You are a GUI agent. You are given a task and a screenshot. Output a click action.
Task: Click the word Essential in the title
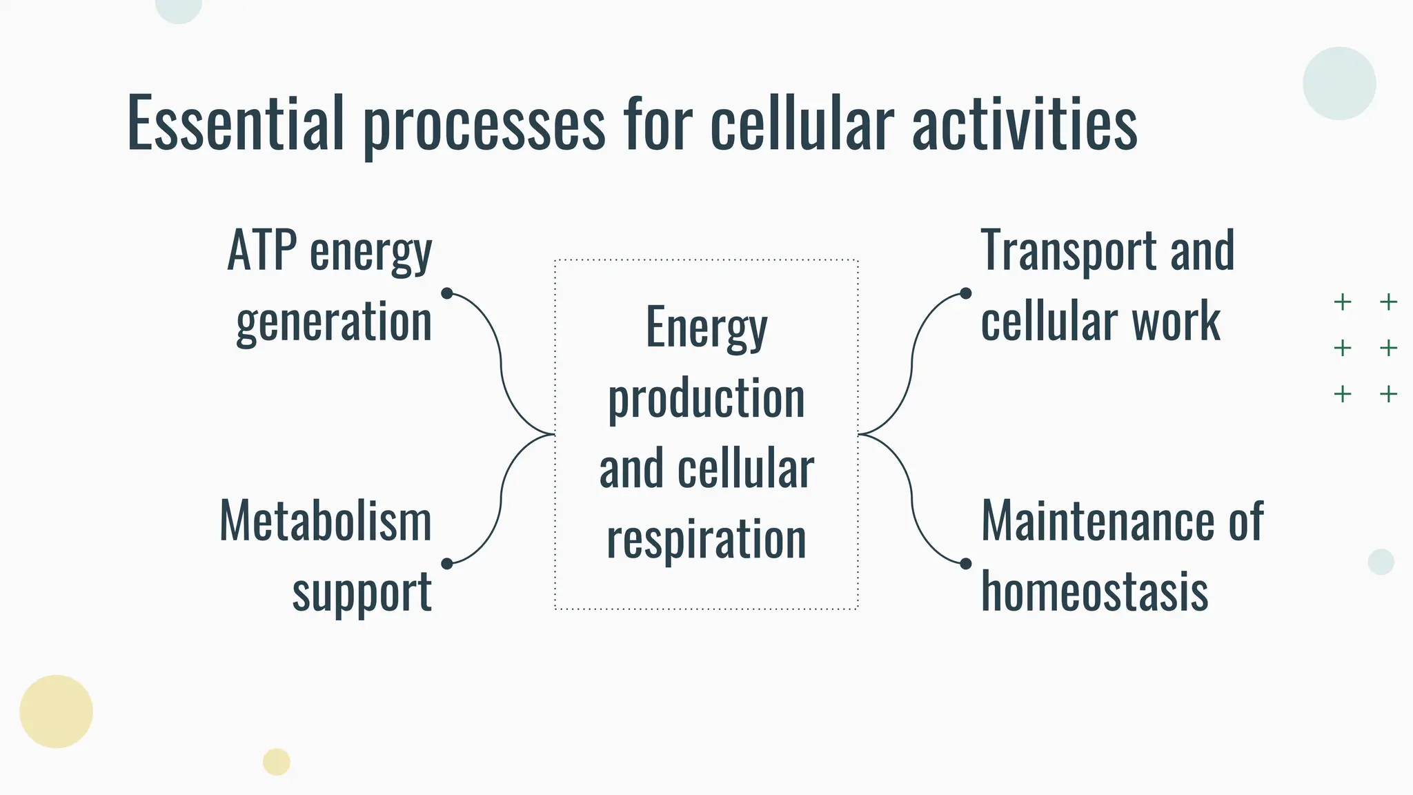point(235,124)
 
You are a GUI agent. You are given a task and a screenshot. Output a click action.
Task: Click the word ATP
point(262,251)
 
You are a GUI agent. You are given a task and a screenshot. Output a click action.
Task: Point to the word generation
point(334,323)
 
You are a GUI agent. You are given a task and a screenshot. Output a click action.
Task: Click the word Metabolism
point(326,521)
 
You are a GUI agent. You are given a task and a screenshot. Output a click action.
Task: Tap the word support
point(362,593)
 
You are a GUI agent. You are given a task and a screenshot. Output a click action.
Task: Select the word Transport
point(1068,252)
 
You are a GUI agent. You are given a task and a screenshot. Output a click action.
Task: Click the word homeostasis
point(1094,592)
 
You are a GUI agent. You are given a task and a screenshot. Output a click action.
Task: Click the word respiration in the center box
point(706,540)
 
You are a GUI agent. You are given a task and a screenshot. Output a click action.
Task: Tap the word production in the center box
point(706,399)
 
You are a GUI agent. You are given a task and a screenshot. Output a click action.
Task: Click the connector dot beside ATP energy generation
point(447,293)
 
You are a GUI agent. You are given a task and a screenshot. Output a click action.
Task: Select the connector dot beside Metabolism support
point(447,564)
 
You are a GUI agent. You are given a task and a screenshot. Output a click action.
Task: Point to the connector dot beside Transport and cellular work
point(965,293)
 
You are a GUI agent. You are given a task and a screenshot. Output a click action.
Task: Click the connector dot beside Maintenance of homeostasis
point(965,564)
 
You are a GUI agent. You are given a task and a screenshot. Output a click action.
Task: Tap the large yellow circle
point(56,711)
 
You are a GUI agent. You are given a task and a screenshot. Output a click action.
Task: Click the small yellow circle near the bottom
point(276,762)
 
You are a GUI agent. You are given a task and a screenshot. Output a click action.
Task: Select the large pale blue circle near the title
point(1338,84)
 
